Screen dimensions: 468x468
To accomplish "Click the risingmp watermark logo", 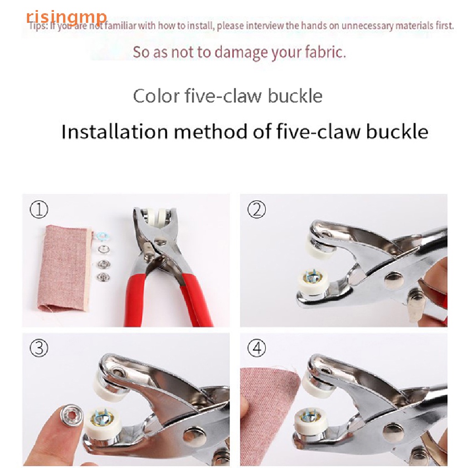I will point(66,17).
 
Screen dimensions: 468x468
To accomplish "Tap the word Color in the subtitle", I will point(155,96).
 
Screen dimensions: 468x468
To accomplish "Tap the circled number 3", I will point(39,349).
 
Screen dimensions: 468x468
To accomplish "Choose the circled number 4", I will point(257,349).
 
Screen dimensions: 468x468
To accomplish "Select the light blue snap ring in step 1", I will point(103,235).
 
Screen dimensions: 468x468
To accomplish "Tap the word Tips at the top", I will point(37,26).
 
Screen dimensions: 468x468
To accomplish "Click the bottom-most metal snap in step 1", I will point(103,277).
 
